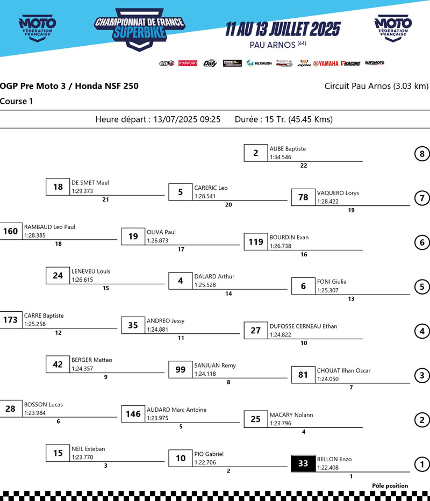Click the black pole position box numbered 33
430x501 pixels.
click(x=303, y=463)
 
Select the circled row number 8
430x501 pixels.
click(x=422, y=154)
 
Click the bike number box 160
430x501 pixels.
click(x=11, y=232)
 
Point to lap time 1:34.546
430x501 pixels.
click(x=281, y=157)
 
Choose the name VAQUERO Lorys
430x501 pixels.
click(x=338, y=193)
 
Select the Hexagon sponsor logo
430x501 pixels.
click(x=259, y=63)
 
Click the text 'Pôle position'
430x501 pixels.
click(x=390, y=486)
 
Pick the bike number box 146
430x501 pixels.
click(x=133, y=414)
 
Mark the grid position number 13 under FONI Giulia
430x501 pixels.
click(x=352, y=299)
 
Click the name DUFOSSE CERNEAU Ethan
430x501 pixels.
click(x=303, y=326)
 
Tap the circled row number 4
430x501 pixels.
click(x=422, y=332)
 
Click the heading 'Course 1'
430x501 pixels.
click(x=16, y=101)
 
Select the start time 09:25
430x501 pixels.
click(x=210, y=119)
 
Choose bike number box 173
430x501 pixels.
click(x=11, y=320)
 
